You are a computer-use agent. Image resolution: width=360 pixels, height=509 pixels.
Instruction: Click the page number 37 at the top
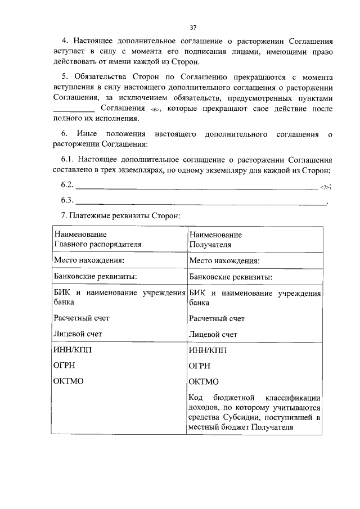coord(193,27)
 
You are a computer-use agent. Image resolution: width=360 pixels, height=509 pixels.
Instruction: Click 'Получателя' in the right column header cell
coord(207,245)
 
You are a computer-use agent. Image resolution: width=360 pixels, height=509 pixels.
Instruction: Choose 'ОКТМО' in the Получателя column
coord(204,381)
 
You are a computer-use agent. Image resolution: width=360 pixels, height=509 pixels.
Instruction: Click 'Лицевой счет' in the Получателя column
coord(213,334)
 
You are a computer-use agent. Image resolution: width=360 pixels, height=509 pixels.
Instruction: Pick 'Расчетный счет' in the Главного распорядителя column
coord(81,318)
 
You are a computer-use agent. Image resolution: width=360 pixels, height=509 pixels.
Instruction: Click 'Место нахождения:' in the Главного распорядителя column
coord(88,260)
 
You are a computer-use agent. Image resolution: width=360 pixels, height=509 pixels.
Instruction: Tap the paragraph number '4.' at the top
coord(65,41)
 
